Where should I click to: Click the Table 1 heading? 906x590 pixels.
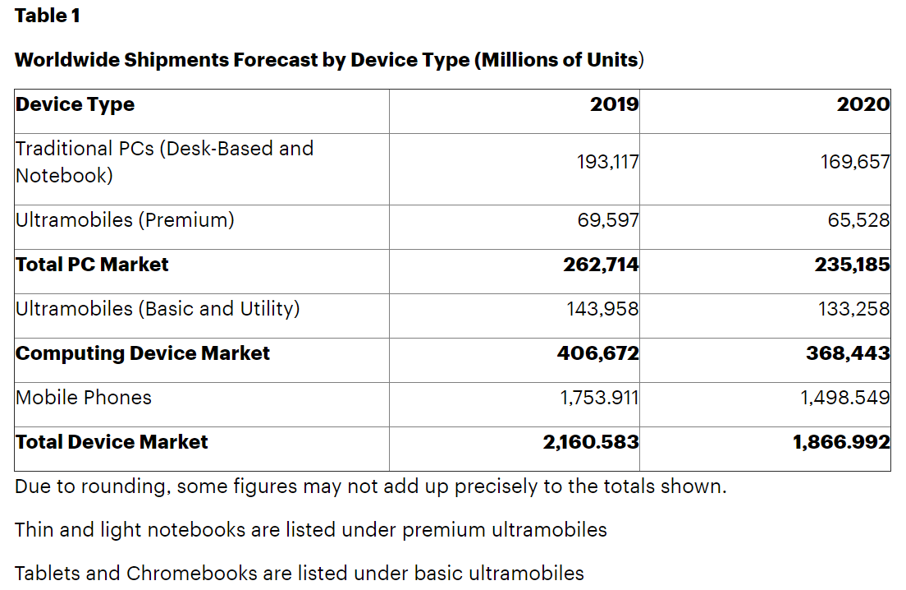coord(48,16)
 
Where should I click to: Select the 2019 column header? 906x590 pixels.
coord(614,104)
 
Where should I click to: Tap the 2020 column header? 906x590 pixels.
coord(863,104)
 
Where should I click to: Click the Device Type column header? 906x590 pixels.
coord(75,104)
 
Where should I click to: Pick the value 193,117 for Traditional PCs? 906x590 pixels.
coord(607,162)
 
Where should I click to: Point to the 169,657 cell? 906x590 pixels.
coord(855,162)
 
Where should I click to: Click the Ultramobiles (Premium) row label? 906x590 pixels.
coord(125,220)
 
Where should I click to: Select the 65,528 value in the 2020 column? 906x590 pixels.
coord(858,220)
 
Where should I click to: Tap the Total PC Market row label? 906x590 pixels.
coord(92,265)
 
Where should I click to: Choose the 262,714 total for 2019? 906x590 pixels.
coord(601,265)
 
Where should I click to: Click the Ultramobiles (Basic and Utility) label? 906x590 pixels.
coord(158,309)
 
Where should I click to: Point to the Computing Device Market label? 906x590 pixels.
coord(143,353)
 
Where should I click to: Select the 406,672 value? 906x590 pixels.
coord(598,353)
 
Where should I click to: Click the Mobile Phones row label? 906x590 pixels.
coord(84,398)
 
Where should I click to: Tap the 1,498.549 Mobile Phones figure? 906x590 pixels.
coord(845,398)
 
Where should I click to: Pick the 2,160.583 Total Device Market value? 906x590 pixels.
coord(591,442)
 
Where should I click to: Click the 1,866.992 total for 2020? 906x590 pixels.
coord(841,442)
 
